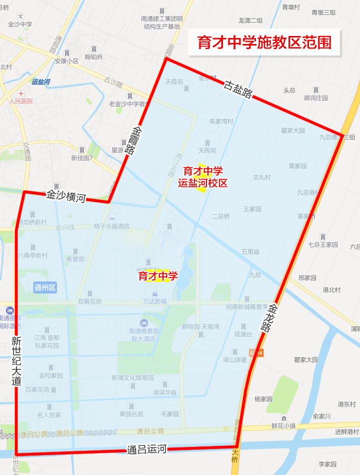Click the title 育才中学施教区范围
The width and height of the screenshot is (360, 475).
point(264,42)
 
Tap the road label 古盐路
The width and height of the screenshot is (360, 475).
point(237,88)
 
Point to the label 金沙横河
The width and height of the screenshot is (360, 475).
point(66,195)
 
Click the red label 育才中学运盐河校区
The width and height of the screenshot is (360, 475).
point(202,177)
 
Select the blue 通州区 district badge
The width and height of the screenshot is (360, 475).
point(45,287)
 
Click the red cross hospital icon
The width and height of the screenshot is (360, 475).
point(21,93)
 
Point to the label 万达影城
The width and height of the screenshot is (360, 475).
point(154,301)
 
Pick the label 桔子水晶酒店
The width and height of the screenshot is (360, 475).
point(111,226)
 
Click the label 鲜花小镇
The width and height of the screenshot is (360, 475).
point(284,425)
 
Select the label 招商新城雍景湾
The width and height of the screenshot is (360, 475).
point(246,307)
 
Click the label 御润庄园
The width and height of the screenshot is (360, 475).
point(315,98)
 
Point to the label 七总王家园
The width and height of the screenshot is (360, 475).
point(323,244)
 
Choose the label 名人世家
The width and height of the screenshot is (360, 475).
point(49,414)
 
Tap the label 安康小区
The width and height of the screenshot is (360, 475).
point(67,61)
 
